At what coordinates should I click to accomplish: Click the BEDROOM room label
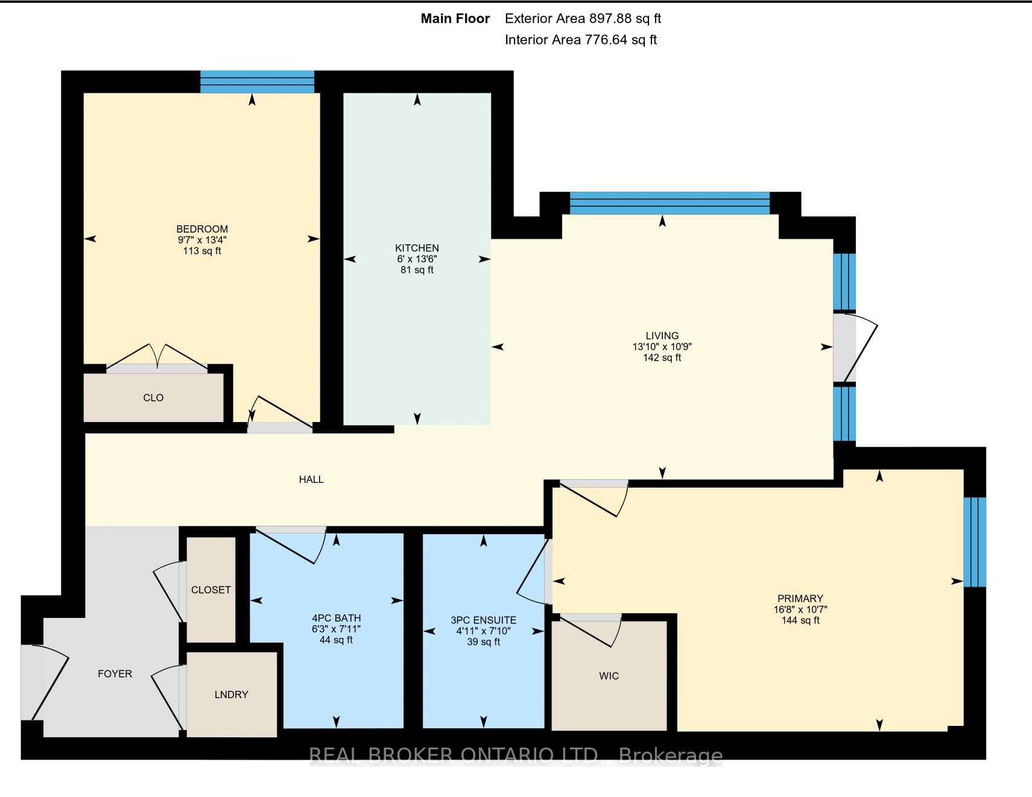202,229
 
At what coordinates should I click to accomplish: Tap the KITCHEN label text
417,248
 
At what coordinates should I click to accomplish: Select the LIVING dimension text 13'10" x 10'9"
662,347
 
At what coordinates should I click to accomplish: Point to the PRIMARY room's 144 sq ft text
800,620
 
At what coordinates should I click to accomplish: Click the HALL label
311,479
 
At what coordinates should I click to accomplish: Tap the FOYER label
115,674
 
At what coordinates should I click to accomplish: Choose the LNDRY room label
231,695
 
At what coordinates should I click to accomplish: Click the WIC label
609,676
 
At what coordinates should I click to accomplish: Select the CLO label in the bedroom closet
153,398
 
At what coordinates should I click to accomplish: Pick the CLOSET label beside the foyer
211,590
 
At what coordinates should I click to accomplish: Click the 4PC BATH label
336,618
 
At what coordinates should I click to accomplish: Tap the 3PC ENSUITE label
483,620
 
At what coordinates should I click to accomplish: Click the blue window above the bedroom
257,82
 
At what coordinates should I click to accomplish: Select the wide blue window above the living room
670,203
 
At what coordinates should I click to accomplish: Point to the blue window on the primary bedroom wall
975,542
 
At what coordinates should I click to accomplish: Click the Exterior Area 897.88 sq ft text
583,19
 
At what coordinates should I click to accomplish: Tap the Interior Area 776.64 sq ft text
581,40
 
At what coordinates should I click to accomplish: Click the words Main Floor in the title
455,19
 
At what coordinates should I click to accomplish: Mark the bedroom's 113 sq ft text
202,251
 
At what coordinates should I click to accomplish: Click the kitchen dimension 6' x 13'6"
417,259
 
